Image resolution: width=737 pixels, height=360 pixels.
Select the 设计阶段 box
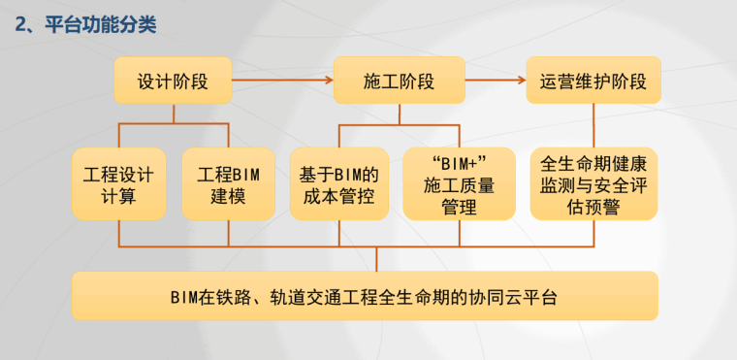[174, 81]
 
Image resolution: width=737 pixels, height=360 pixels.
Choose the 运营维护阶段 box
[593, 81]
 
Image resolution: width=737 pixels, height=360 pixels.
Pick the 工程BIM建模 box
[229, 184]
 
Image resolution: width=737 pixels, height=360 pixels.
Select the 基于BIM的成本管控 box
[339, 184]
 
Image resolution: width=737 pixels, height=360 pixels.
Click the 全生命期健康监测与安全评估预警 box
[593, 184]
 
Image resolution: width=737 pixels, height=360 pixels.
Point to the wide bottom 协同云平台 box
[365, 296]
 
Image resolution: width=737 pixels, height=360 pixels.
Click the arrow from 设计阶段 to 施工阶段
[283, 81]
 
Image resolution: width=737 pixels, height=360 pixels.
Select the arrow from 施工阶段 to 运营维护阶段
[493, 81]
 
